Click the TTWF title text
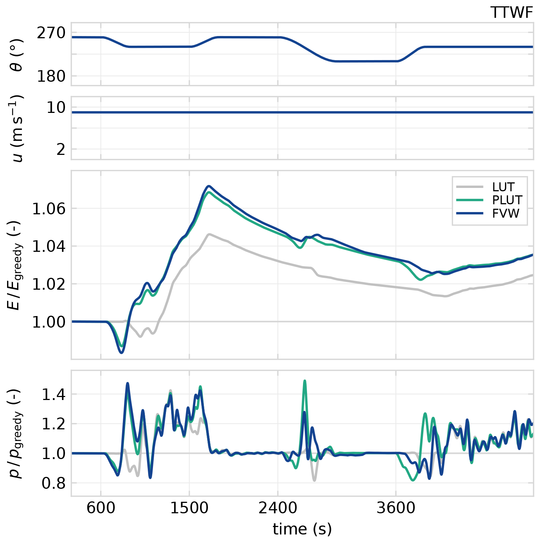[511, 13]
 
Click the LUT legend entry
[503, 187]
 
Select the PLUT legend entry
[507, 200]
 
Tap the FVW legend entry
[505, 213]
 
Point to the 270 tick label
[51, 33]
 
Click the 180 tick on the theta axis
[51, 77]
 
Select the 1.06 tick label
[49, 209]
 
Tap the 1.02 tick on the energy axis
[49, 284]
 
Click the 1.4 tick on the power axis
[53, 394]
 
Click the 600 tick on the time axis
[101, 508]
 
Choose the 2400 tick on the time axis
[278, 508]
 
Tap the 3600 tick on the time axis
[396, 508]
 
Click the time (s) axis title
[302, 529]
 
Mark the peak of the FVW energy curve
[209, 186]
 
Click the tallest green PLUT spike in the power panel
[305, 381]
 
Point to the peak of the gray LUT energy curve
[209, 234]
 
